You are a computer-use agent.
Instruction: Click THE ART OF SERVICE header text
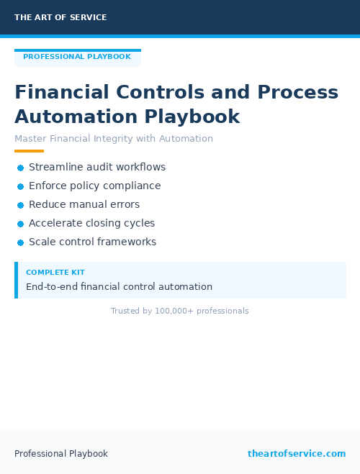tap(60, 17)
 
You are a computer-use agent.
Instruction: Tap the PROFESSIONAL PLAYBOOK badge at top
tap(77, 57)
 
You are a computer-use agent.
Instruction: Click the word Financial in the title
tap(62, 93)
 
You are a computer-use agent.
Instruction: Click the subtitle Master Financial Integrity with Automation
tap(114, 139)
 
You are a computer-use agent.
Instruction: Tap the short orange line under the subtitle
tap(29, 151)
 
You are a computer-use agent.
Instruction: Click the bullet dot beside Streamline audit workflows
tap(21, 168)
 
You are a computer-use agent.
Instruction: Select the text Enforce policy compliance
tap(94, 186)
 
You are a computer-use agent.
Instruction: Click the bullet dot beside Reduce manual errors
tap(21, 205)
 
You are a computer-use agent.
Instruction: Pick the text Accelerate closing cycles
tap(91, 223)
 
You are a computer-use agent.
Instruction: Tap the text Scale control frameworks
tap(92, 242)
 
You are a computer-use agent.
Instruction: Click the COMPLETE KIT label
tap(55, 273)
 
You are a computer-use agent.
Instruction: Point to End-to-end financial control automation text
tap(119, 286)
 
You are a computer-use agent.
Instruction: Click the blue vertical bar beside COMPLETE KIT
tap(16, 280)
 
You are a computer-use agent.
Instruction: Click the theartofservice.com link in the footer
tap(297, 454)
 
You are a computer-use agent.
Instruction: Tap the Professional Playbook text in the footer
tap(61, 454)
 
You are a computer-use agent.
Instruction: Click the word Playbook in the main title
tap(192, 117)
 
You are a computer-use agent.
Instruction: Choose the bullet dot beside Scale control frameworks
tap(21, 242)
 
